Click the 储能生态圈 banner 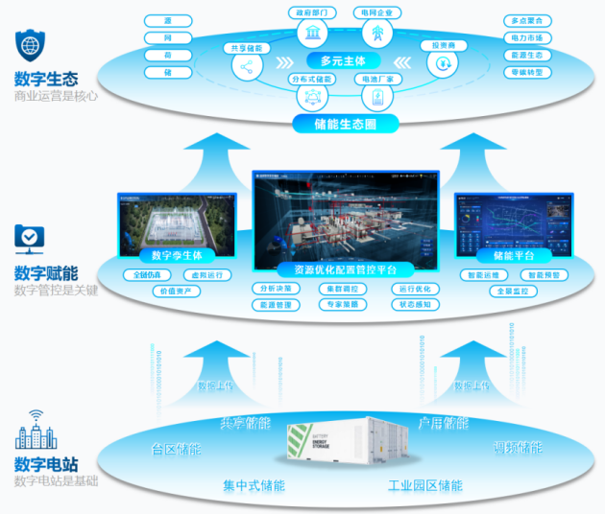(345, 124)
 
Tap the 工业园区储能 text (424, 485)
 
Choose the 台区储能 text (176, 449)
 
